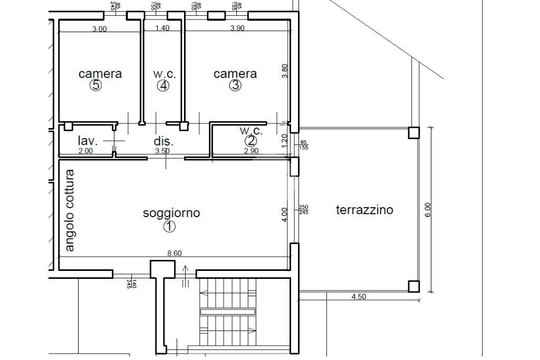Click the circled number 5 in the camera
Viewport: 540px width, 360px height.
click(95, 85)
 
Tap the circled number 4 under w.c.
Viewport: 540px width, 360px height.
click(163, 85)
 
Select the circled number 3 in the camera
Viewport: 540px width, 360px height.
click(235, 85)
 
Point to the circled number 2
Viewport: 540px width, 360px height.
click(250, 141)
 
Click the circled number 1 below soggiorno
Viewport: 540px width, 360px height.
click(169, 227)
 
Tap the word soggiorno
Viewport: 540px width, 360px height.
click(171, 213)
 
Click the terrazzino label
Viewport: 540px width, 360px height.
click(364, 210)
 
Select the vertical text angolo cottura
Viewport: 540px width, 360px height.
click(70, 210)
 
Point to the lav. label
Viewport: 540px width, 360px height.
click(88, 141)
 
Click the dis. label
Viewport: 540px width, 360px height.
click(163, 141)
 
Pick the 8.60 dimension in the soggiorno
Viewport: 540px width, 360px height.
click(174, 254)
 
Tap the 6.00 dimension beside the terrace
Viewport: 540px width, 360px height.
click(428, 209)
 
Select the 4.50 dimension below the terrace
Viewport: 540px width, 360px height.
click(359, 297)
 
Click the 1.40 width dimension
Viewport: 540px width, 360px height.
click(162, 29)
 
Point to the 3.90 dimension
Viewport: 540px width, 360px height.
click(237, 29)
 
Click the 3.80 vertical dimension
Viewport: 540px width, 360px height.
click(285, 71)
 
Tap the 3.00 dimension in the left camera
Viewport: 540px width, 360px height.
click(99, 30)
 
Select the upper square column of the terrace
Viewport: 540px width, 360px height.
click(414, 132)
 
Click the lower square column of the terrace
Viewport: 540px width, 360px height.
click(414, 286)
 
